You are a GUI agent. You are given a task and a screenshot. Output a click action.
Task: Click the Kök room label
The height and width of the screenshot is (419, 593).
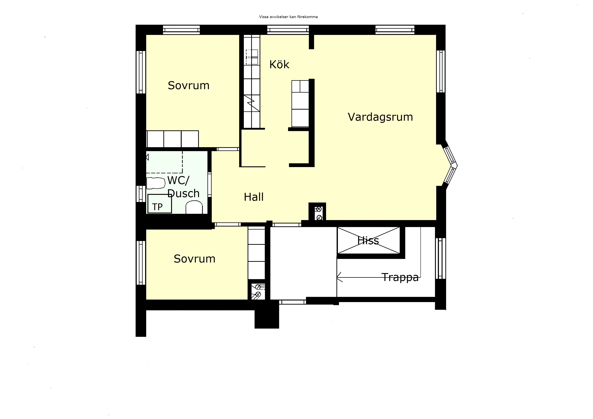[279, 64]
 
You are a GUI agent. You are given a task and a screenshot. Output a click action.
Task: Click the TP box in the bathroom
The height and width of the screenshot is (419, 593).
[160, 204]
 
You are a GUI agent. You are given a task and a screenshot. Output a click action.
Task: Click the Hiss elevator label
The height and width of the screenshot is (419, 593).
[368, 241]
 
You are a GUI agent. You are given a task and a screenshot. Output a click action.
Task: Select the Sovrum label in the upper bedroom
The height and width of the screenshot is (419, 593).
[188, 85]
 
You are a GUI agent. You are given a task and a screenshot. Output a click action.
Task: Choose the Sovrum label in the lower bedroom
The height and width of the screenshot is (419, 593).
[195, 259]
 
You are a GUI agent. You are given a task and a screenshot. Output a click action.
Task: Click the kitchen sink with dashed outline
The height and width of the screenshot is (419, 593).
[252, 57]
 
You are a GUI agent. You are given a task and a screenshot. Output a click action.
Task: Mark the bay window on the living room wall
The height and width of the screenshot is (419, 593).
[450, 165]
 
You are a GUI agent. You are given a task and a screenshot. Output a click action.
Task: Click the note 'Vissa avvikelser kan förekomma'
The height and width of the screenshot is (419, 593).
[288, 17]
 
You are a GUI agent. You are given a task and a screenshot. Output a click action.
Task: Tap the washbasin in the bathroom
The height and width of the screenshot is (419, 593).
[194, 208]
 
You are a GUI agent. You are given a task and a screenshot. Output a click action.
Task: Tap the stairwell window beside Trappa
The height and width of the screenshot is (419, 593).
[441, 258]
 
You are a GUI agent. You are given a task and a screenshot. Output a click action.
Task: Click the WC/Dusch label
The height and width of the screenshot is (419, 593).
[183, 187]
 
